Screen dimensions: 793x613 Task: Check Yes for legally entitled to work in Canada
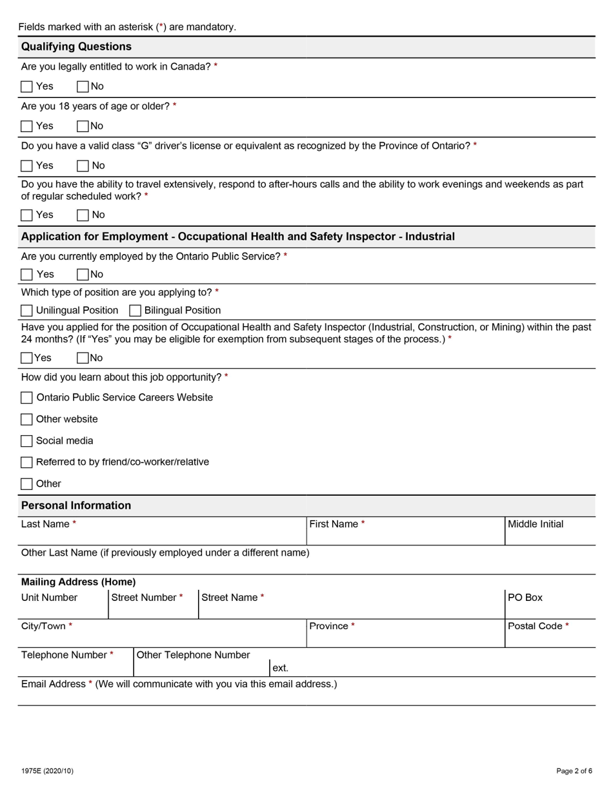[26, 86]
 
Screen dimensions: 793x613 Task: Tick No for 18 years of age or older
[83, 126]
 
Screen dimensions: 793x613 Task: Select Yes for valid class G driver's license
[26, 166]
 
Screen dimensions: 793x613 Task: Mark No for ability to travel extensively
[83, 215]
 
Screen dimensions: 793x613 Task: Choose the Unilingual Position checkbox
[26, 311]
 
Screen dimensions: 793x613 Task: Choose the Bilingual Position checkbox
[135, 311]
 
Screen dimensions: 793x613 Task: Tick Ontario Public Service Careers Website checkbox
[26, 398]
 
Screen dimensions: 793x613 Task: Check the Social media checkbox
[26, 441]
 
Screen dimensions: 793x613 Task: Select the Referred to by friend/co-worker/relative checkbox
[26, 462]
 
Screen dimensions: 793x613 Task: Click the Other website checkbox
[26, 420]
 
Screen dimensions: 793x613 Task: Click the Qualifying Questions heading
[76, 47]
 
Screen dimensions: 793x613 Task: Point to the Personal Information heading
[76, 505]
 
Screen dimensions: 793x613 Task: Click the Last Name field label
[45, 524]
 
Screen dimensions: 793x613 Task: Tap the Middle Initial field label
[535, 524]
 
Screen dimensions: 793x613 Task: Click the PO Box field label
[525, 598]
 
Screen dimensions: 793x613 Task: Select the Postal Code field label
[535, 626]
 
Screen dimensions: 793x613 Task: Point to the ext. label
[280, 669]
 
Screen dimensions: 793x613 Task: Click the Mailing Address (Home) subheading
[78, 582]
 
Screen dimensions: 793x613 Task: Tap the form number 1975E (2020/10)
[47, 771]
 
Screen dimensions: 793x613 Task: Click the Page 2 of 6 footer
[574, 771]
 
